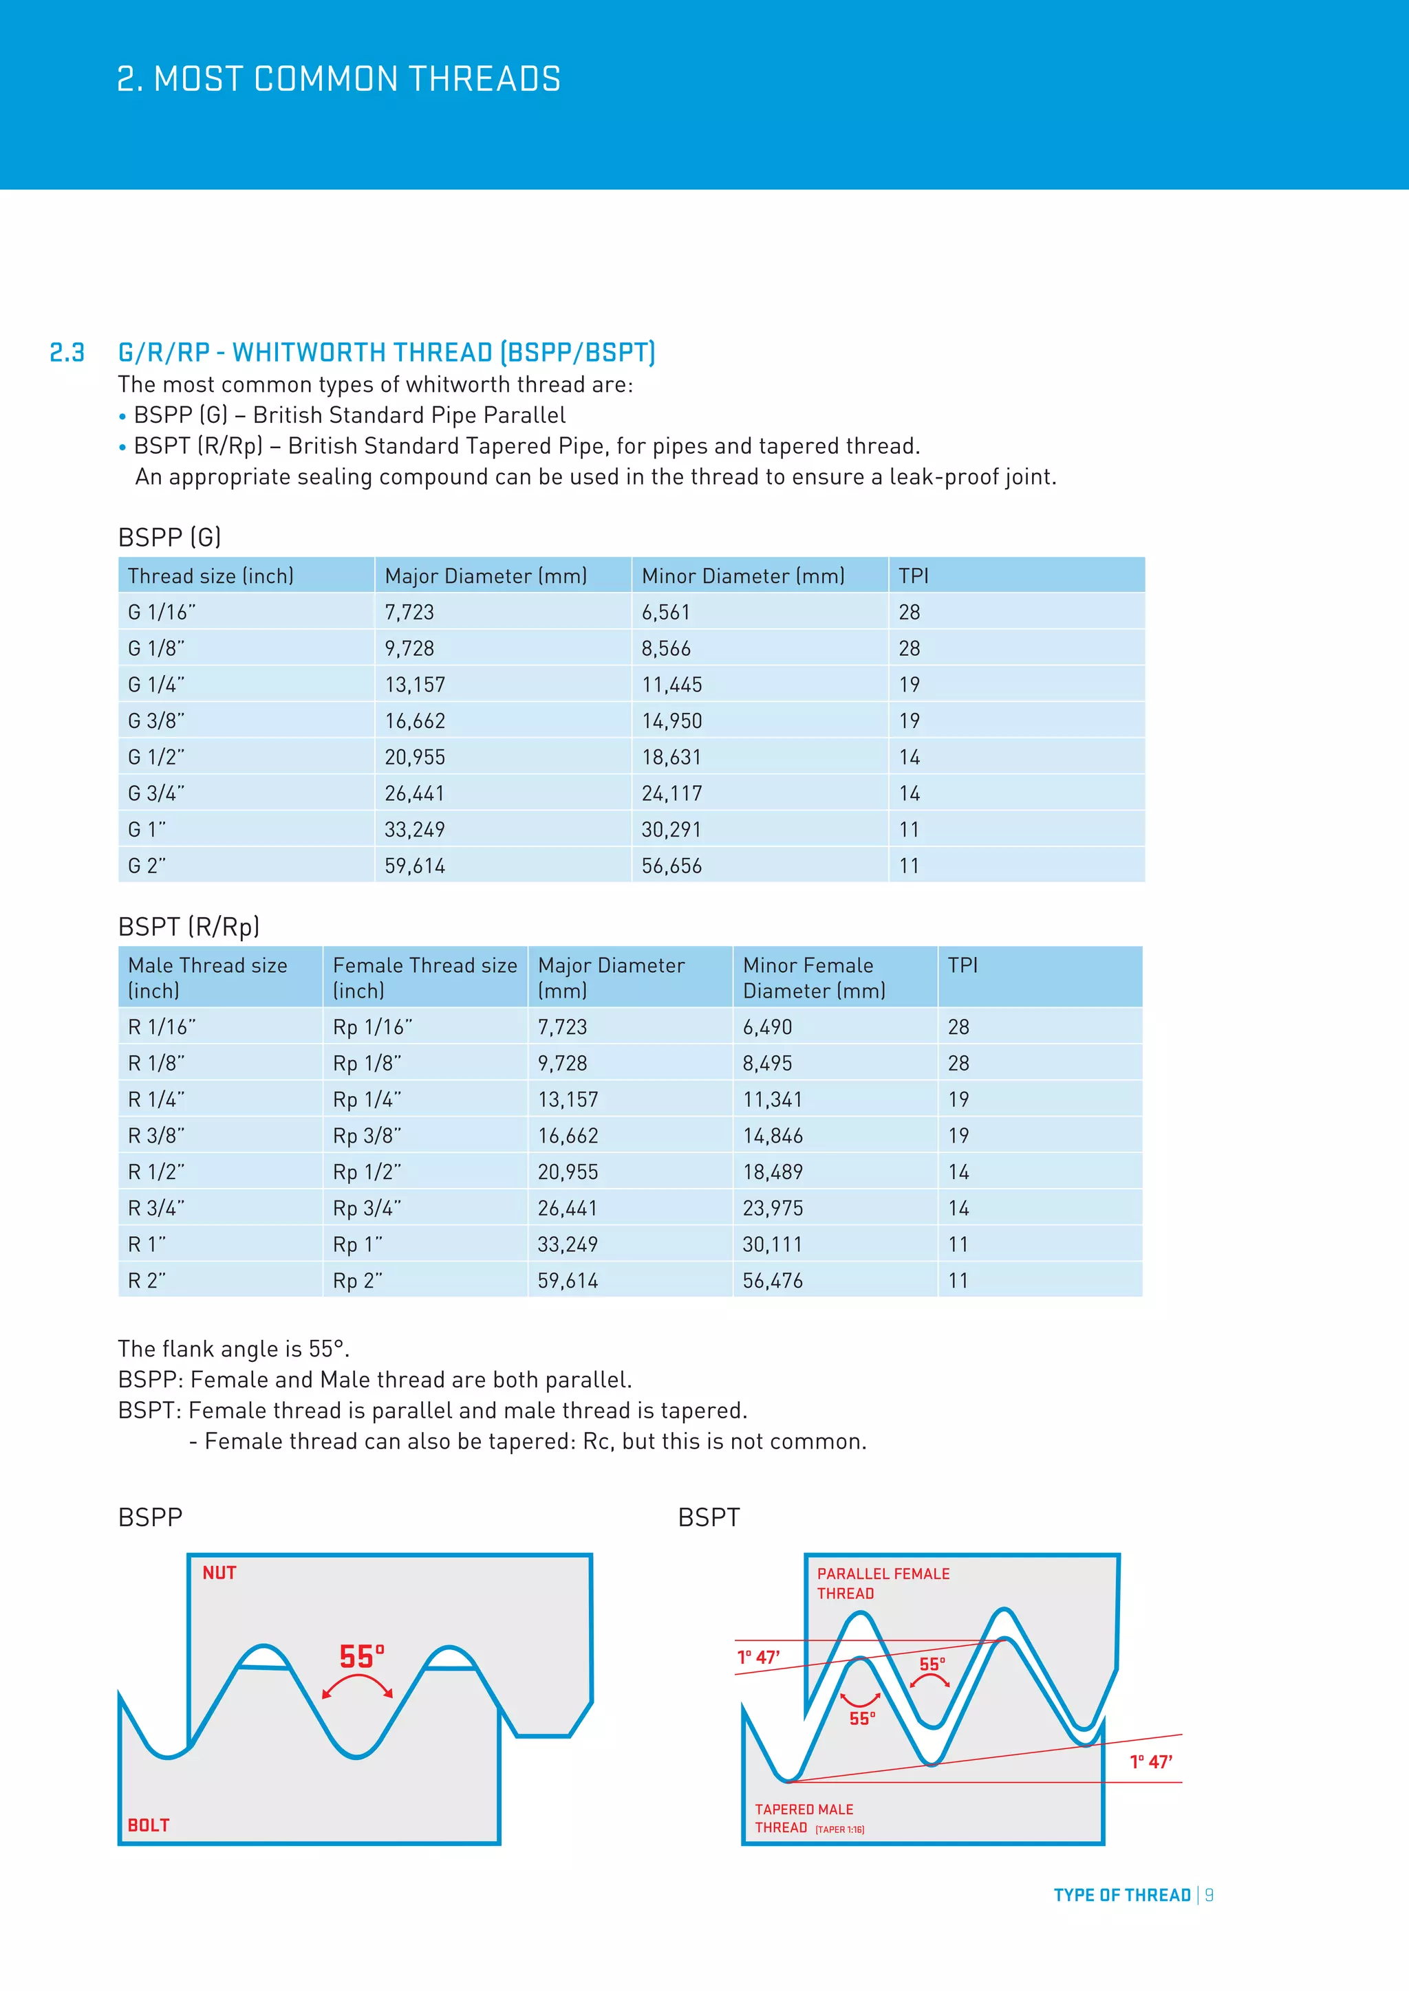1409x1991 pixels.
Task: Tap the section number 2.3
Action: coord(67,353)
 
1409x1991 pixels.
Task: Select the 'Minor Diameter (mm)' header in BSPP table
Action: coord(742,576)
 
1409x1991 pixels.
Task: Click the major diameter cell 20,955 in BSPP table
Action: coord(415,757)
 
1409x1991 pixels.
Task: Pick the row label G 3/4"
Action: coord(156,793)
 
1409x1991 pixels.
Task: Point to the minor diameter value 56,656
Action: coord(671,866)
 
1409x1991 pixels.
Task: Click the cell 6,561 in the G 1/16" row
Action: coord(665,612)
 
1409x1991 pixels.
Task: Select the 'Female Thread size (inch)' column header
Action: coord(424,978)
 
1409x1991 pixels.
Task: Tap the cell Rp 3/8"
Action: coord(367,1136)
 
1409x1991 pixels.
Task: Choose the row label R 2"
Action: coord(147,1281)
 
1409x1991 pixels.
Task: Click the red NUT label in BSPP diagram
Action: coord(219,1573)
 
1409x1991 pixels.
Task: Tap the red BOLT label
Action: coord(149,1825)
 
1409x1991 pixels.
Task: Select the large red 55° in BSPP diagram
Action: coord(361,1657)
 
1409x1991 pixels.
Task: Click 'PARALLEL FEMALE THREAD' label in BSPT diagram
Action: coord(883,1583)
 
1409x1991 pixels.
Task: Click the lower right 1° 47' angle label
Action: coord(1150,1761)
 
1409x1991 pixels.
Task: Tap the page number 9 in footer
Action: coord(1209,1895)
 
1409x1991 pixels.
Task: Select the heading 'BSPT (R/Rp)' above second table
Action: coord(189,927)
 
